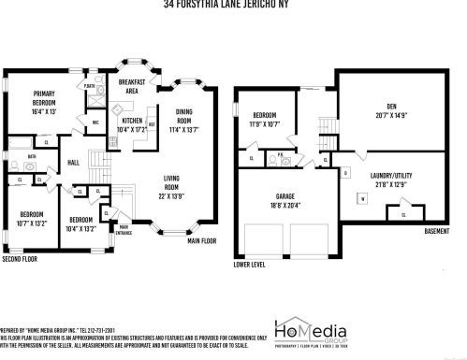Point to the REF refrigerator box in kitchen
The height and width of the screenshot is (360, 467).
152,124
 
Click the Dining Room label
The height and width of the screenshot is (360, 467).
183,116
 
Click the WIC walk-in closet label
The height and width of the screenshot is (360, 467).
95,122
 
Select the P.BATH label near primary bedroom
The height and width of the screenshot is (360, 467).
89,86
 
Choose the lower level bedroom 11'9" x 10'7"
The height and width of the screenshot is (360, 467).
265,122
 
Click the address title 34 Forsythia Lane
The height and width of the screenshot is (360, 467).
233,4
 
